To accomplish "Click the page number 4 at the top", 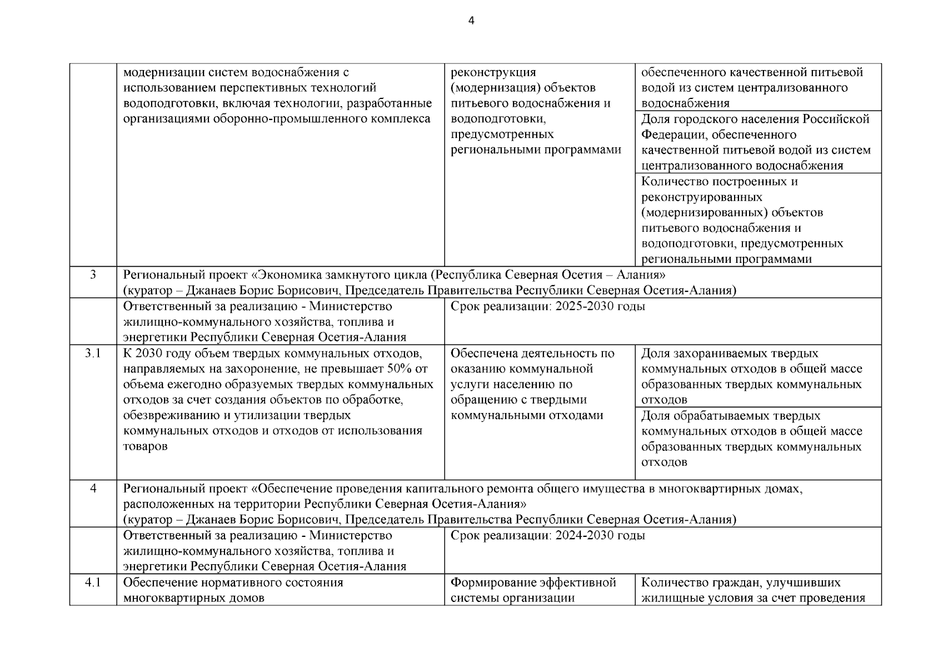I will click(471, 22).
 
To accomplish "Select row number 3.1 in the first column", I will click(93, 354).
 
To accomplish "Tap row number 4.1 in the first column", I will click(93, 583).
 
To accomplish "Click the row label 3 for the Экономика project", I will click(93, 275).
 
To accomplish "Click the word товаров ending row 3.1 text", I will click(145, 446).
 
